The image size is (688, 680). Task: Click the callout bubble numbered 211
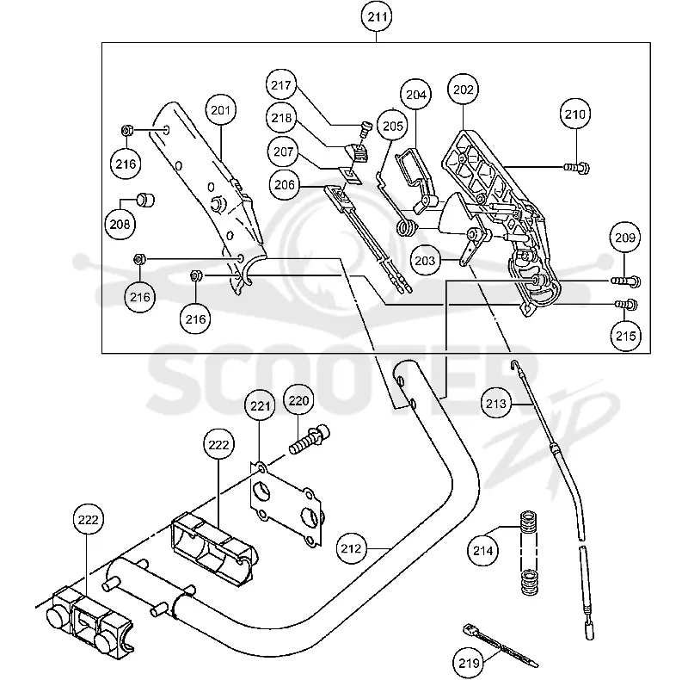[377, 17]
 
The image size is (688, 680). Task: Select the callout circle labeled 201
[220, 110]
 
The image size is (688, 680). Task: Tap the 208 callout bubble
[120, 224]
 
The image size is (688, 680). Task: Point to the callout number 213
[496, 403]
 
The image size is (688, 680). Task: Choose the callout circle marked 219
[469, 663]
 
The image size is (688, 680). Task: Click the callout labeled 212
[351, 548]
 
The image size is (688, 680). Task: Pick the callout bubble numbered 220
[298, 400]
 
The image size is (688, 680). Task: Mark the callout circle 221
[260, 405]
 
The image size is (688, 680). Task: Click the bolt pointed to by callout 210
[576, 167]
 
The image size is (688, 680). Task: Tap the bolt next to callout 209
[626, 281]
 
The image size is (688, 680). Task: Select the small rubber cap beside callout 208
[145, 200]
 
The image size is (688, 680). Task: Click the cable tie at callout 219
[501, 646]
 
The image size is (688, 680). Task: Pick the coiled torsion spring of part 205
[406, 227]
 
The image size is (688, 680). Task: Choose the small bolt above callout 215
[627, 304]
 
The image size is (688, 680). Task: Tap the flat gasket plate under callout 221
[286, 504]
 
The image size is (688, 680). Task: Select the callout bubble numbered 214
[483, 550]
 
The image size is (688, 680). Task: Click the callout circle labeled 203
[425, 261]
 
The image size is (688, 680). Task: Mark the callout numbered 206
[285, 184]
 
